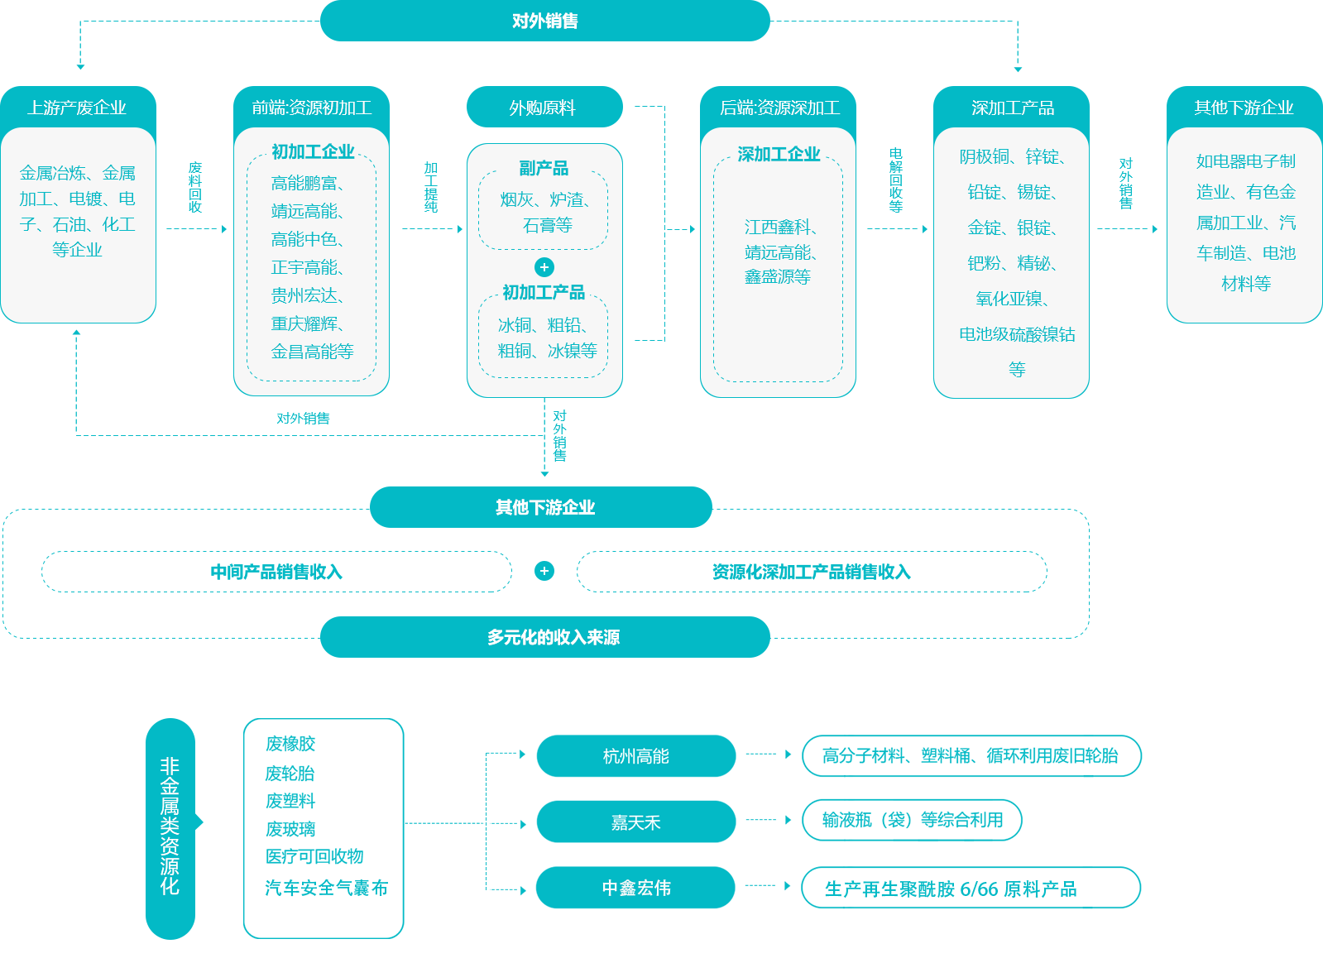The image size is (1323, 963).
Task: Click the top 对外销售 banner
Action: coord(544,21)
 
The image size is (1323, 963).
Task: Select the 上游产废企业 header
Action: coord(78,108)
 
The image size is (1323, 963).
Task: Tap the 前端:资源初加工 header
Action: coord(311,108)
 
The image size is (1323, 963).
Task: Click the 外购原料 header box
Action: coord(544,108)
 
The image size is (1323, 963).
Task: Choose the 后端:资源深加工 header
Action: coord(779,108)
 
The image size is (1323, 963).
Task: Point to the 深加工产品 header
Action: coord(1012,108)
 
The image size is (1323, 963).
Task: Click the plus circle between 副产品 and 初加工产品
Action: coord(544,267)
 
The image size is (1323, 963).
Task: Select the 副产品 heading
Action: coord(544,169)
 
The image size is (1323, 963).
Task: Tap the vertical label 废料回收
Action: coord(195,188)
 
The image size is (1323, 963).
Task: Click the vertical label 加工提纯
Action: coord(431,188)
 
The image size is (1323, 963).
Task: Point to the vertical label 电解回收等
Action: coord(896,180)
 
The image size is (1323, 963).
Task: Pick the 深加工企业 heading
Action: coord(779,155)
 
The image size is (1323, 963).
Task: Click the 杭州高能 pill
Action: coord(635,756)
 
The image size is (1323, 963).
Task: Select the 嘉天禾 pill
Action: coord(635,822)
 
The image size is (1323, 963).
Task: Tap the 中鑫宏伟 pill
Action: coord(635,888)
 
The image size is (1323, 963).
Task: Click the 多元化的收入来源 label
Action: coord(553,637)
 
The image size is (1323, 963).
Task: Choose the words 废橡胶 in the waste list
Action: coord(290,744)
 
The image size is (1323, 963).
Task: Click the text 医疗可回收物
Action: coord(315,901)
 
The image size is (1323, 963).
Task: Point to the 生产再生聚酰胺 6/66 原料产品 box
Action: coord(952,889)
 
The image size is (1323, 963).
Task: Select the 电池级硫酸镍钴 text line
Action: coord(1017,334)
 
